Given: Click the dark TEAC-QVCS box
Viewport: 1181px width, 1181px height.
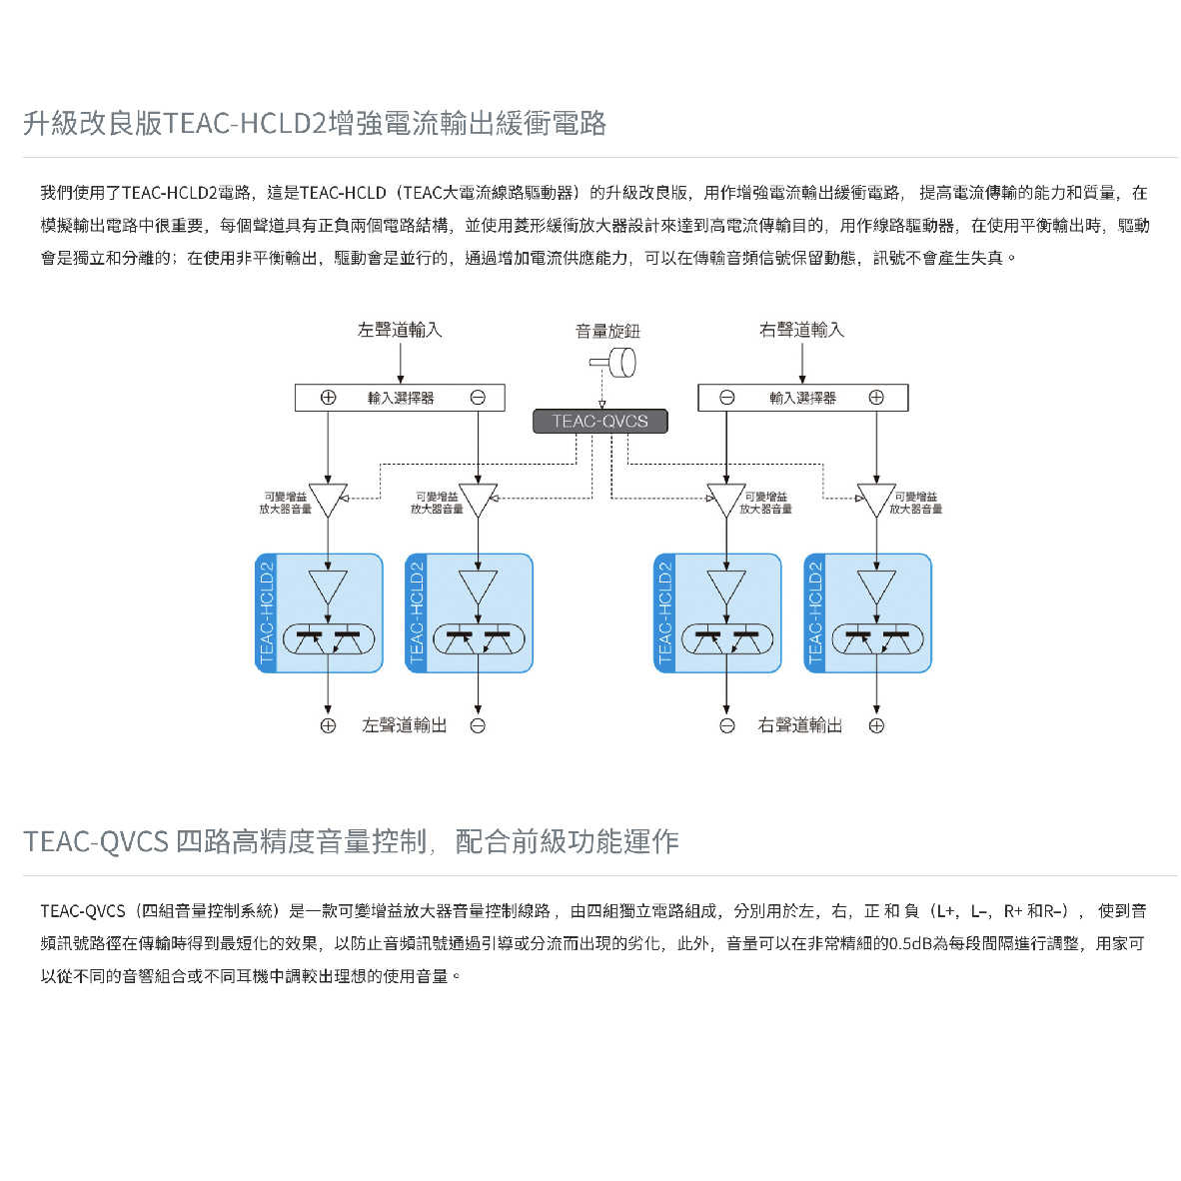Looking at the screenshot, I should pos(600,421).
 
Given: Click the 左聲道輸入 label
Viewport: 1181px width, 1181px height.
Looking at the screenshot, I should pos(400,329).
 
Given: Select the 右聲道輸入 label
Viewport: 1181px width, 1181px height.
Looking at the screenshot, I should pos(801,329).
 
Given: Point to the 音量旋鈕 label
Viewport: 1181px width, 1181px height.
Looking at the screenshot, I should pos(607,331).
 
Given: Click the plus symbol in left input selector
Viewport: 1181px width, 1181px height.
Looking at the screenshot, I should pos(328,397).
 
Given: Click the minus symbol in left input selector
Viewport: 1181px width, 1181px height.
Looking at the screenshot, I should pos(478,397).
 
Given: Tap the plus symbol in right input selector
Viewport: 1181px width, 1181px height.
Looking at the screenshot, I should pos(876,397).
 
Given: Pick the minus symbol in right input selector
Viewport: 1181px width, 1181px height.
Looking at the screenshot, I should pos(727,397).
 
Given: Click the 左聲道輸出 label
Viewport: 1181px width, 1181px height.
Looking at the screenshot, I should pos(404,725).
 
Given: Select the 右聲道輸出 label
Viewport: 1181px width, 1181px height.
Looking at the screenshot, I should pos(800,725).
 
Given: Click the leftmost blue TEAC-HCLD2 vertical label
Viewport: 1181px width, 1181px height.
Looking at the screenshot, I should pos(267,613).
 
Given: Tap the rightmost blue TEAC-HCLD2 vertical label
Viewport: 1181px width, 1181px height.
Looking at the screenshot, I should pos(815,613).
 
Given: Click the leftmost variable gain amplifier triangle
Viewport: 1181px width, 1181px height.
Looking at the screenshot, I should pos(328,499).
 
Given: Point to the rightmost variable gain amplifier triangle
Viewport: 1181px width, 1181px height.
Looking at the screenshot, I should pos(876,499).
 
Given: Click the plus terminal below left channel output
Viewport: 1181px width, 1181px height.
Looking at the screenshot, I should pos(328,726).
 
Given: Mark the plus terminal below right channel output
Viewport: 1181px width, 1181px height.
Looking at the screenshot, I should pos(876,726).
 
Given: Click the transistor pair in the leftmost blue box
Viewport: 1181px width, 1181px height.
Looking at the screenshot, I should pos(329,638).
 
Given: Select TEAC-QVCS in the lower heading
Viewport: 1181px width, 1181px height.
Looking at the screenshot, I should pos(95,841).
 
